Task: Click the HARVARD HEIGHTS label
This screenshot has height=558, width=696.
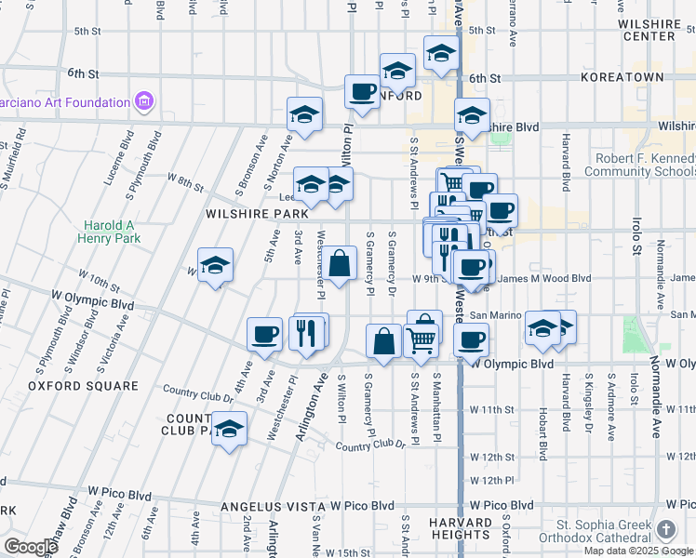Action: click(x=462, y=528)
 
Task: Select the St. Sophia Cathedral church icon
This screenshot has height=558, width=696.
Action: click(x=666, y=529)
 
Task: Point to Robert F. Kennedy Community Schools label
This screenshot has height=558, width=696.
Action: click(x=639, y=165)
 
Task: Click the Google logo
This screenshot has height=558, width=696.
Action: click(x=31, y=547)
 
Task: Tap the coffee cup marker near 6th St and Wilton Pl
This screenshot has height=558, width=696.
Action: click(x=361, y=92)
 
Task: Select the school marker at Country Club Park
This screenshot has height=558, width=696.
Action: click(x=229, y=429)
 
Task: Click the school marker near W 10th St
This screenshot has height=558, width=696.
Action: click(x=215, y=265)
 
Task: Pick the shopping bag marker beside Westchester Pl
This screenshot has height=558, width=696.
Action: click(x=341, y=263)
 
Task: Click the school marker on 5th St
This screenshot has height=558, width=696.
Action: click(x=441, y=53)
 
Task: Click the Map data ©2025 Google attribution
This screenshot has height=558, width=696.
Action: click(x=638, y=551)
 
